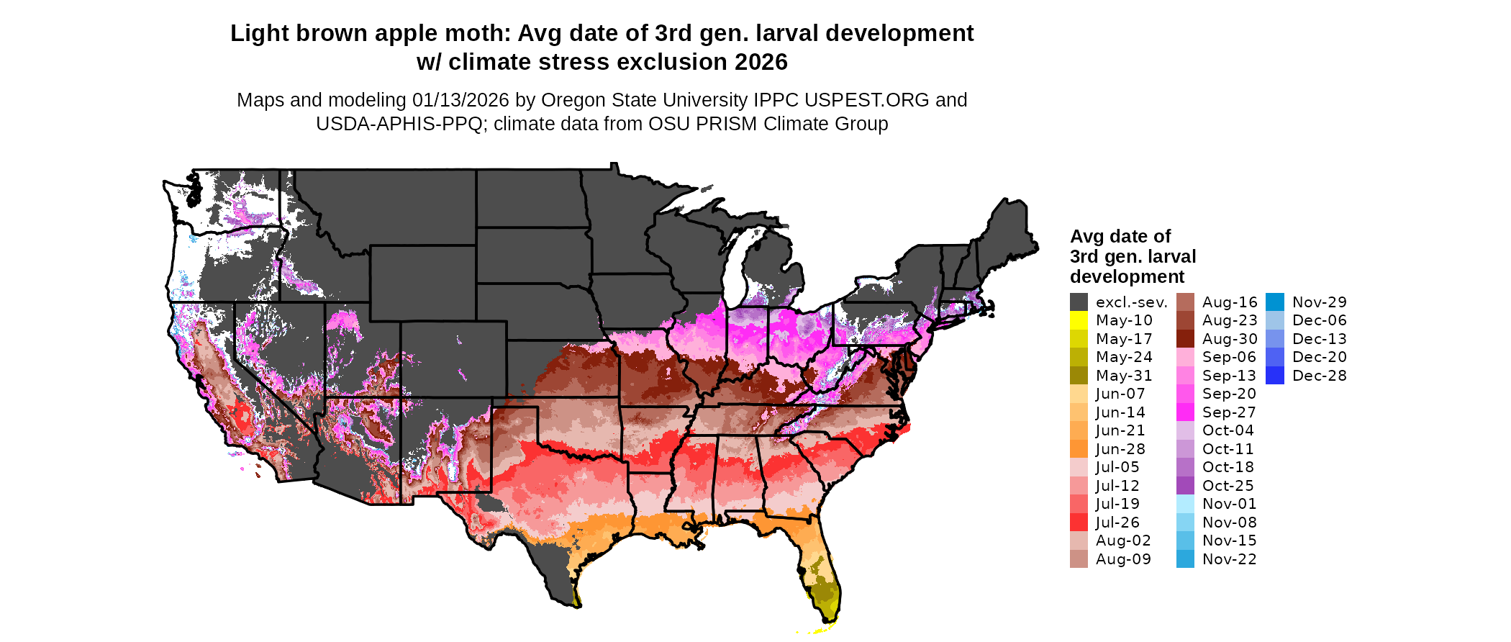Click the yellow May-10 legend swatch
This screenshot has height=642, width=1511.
click(1079, 320)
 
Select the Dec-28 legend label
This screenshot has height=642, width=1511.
click(1319, 376)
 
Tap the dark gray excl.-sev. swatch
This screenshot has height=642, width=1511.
click(1079, 302)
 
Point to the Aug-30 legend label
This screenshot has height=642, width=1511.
click(1230, 339)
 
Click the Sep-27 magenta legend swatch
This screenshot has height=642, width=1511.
click(1185, 412)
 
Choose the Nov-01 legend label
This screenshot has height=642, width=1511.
click(1229, 504)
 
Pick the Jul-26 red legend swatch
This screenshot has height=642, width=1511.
click(1079, 523)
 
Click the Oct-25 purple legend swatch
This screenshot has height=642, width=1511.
click(1185, 486)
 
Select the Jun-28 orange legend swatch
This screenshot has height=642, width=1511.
click(1079, 449)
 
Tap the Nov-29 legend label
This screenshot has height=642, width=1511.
click(1319, 302)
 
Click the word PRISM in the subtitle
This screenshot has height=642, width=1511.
click(732, 124)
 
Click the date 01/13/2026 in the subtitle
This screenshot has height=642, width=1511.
click(460, 100)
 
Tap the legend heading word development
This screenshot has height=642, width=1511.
click(1127, 277)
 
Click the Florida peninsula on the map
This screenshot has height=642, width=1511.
click(820, 576)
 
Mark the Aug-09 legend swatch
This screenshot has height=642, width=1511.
click(1079, 559)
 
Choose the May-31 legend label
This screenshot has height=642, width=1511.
click(1124, 376)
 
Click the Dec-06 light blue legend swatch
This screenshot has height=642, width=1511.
click(1274, 320)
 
